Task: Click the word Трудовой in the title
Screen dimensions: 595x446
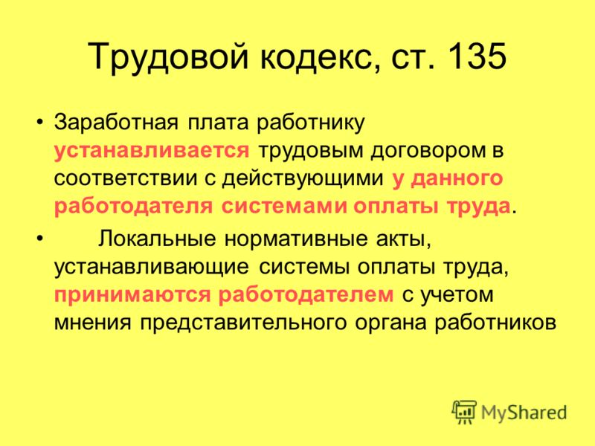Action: (x=168, y=57)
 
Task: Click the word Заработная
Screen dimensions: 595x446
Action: (x=116, y=123)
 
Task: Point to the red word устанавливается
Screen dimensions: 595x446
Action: (x=152, y=150)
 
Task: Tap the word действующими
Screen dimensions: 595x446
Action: (x=303, y=178)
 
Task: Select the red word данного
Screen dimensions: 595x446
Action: (x=457, y=178)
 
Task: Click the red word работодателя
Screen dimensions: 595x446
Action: (x=133, y=207)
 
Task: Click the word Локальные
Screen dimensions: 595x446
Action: (x=157, y=239)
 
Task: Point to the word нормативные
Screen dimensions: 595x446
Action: (x=296, y=239)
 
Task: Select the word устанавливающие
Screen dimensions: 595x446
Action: (x=152, y=267)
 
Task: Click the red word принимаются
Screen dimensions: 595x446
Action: (x=132, y=295)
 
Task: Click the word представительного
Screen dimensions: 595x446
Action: (x=243, y=323)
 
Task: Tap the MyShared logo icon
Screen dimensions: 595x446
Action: (x=463, y=412)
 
